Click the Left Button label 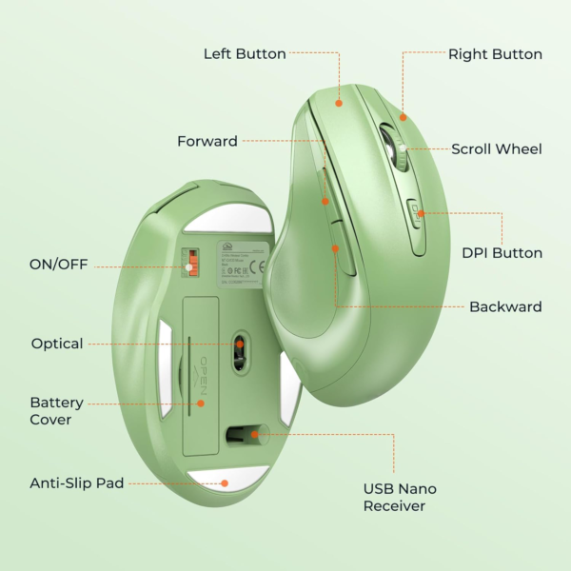point(245,54)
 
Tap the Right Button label point(495,54)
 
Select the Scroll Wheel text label point(496,148)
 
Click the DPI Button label point(502,253)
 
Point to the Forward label point(207,142)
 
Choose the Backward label point(505,306)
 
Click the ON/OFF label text point(58,264)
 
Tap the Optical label point(57,344)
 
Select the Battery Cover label point(56,411)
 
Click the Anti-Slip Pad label point(77,483)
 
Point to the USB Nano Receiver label point(400,497)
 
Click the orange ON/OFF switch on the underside point(191,264)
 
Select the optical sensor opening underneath point(240,349)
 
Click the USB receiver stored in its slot point(244,435)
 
